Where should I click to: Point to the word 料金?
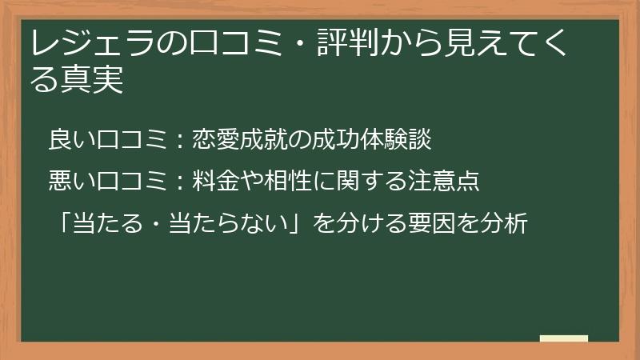210,181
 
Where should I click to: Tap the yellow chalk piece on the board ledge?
563,338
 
